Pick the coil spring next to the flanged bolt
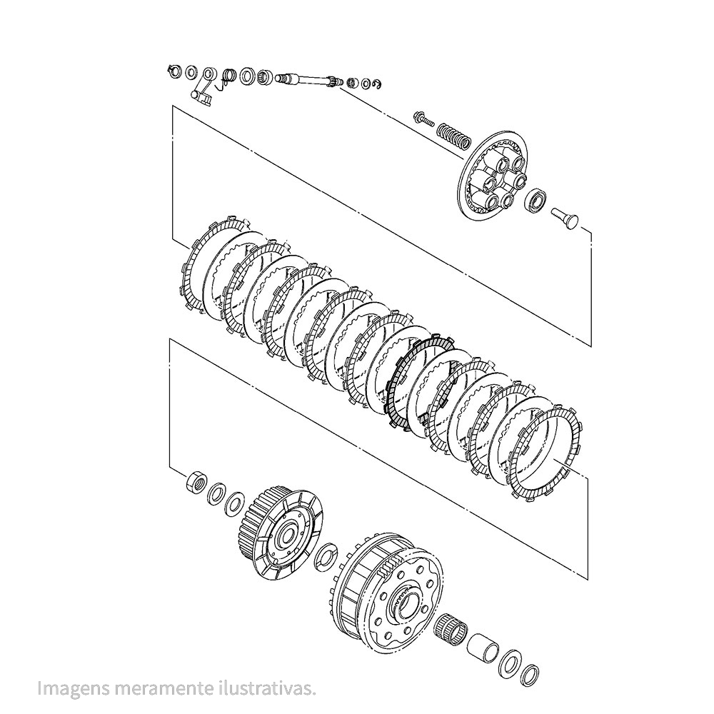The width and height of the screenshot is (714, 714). (453, 135)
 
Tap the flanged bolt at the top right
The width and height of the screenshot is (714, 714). (423, 119)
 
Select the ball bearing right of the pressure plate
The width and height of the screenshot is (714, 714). (536, 198)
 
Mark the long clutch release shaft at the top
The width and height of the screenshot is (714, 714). (310, 82)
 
